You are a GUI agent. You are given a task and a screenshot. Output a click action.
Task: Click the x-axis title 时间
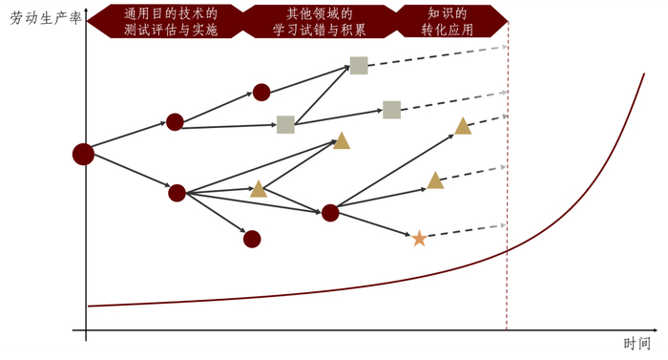[x=637, y=344]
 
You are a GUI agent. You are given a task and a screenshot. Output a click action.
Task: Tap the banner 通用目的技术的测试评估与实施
[x=170, y=21]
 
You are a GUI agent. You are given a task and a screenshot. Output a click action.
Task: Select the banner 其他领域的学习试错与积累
[x=319, y=21]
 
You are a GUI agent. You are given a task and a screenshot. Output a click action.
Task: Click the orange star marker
[x=419, y=238]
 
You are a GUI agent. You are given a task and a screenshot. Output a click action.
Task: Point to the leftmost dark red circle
[x=83, y=154]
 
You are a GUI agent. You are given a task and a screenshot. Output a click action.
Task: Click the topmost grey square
[x=359, y=65]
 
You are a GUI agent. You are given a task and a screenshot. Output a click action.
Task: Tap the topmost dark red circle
[x=261, y=92]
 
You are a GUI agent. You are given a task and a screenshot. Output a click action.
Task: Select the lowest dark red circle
[x=252, y=239]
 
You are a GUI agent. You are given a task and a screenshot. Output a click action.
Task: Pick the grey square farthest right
[x=391, y=110]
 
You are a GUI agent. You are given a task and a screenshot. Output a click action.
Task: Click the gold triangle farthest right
[x=463, y=126]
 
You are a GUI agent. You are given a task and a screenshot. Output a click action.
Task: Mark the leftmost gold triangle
[x=259, y=189]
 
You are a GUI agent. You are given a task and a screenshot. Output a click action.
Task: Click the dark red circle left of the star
[x=330, y=212]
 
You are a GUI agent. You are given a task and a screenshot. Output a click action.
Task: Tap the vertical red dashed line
[x=507, y=191]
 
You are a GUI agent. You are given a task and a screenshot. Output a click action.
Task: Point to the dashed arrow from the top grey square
[x=434, y=55]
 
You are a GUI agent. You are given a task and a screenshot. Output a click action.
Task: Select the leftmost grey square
[x=285, y=124]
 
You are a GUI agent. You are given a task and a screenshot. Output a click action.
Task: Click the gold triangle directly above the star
[x=435, y=180]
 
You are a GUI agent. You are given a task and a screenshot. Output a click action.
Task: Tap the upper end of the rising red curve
[x=643, y=75]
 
